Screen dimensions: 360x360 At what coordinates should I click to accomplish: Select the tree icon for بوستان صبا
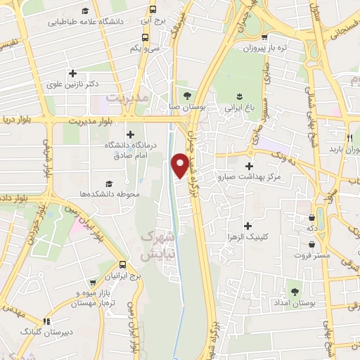click(x=186, y=96)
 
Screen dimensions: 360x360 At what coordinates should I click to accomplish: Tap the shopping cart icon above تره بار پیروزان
click(x=264, y=38)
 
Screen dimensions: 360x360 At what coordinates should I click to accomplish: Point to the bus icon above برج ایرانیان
click(x=123, y=264)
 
